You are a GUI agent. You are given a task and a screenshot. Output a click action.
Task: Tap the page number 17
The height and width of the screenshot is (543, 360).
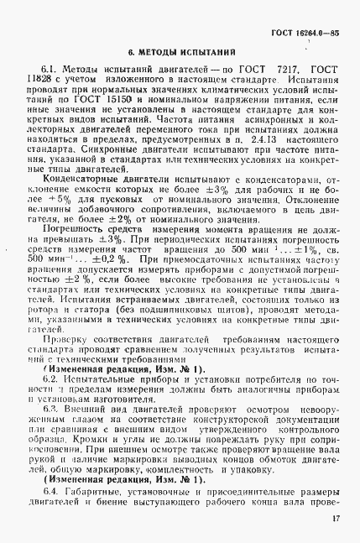(x=334, y=519)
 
